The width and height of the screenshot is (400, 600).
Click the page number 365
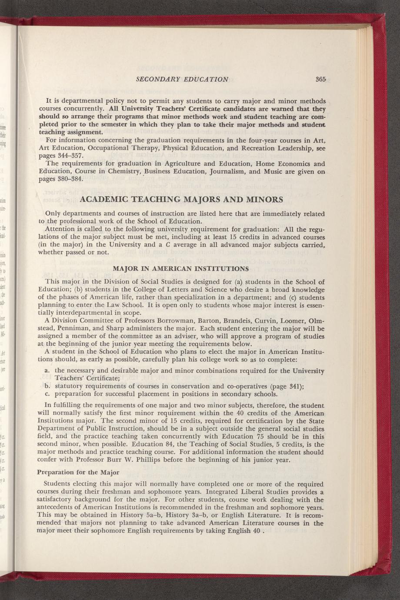click(x=321, y=79)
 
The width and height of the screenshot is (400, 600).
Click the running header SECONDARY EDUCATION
click(x=182, y=79)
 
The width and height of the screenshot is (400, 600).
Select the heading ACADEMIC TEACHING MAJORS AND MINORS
click(x=182, y=200)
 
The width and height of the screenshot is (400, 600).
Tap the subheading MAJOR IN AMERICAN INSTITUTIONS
click(x=181, y=268)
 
